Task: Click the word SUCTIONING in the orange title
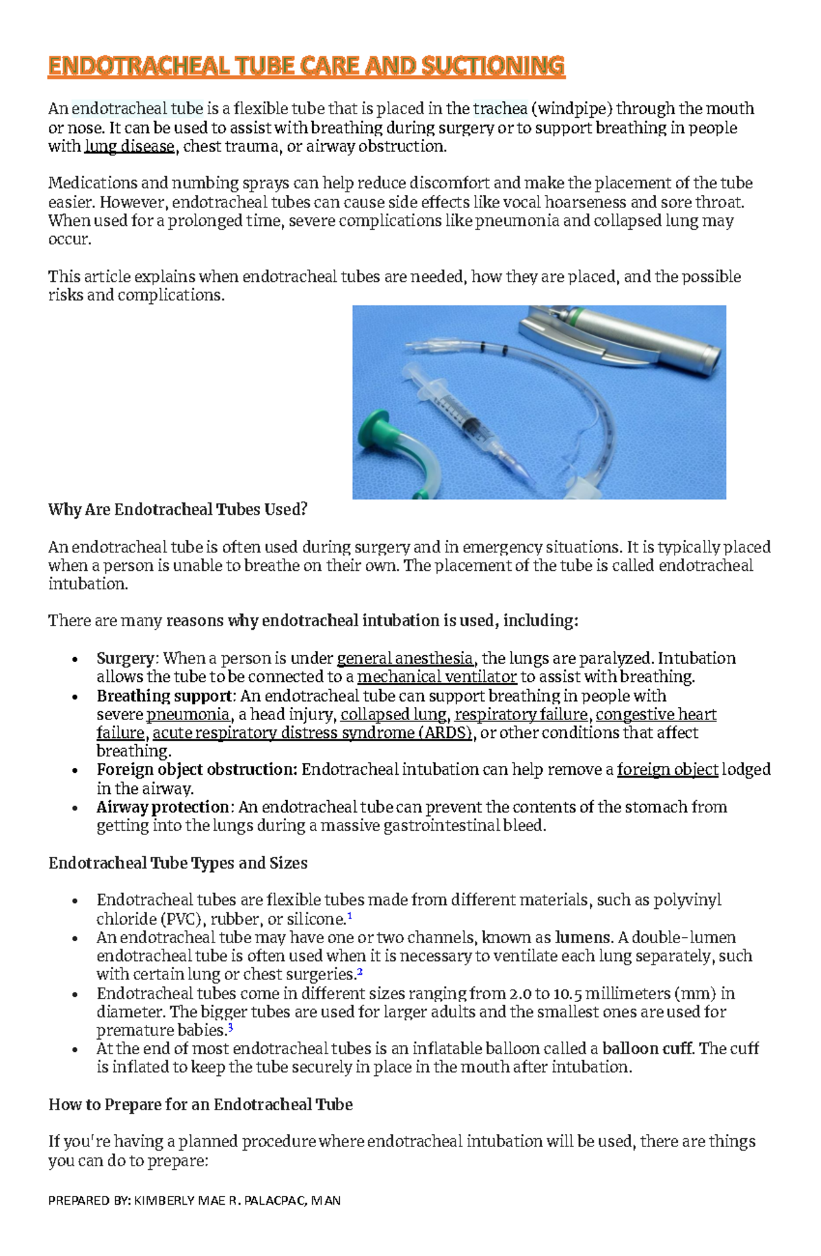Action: (x=493, y=66)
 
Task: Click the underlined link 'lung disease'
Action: (x=129, y=146)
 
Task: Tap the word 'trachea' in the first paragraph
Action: (x=500, y=109)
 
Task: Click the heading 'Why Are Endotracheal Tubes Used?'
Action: (x=178, y=510)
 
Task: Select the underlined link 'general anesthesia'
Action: (x=405, y=658)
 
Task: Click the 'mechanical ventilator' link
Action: (x=436, y=677)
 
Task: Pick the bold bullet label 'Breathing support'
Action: (x=164, y=696)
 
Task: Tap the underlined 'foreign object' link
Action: (x=667, y=770)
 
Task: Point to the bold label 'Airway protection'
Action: (x=162, y=808)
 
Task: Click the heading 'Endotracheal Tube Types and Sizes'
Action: (x=178, y=863)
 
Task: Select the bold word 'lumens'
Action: (x=582, y=938)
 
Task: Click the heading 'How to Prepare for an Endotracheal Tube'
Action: (x=200, y=1105)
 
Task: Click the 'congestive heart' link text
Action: (x=656, y=715)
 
